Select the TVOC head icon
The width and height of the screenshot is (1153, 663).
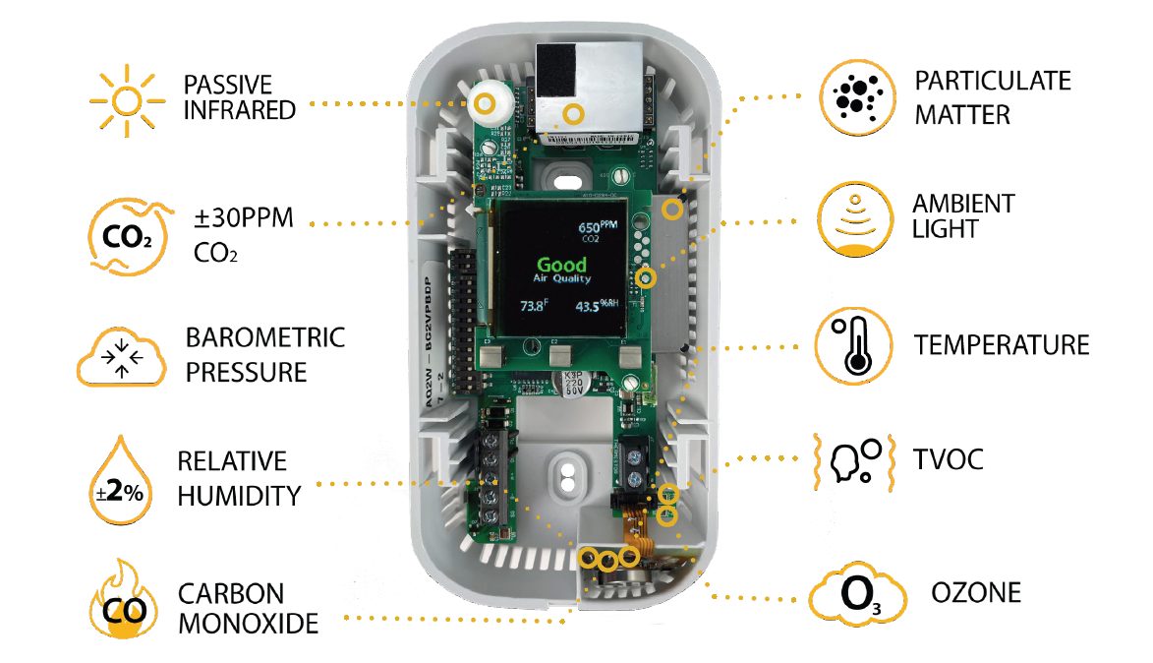(853, 458)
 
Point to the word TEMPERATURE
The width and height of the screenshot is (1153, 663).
(1001, 345)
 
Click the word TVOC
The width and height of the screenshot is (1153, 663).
(948, 458)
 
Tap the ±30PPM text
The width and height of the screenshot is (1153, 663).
(243, 218)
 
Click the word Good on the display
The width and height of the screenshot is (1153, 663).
(561, 265)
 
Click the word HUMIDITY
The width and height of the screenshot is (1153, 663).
(239, 495)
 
